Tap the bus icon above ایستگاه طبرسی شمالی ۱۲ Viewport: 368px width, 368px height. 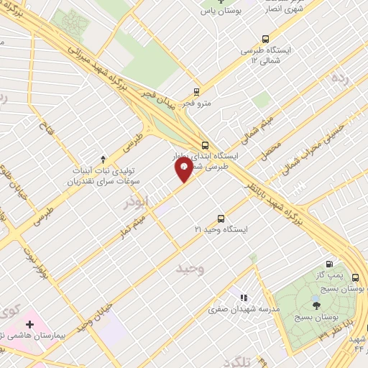pyautogui.click(x=266, y=40)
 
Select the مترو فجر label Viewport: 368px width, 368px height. pyautogui.click(x=195, y=103)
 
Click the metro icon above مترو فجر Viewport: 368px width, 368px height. pyautogui.click(x=195, y=91)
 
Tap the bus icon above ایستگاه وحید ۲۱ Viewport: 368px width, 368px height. pyautogui.click(x=221, y=218)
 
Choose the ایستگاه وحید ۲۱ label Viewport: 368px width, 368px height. pyautogui.click(x=221, y=229)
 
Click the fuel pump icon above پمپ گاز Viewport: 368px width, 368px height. pyautogui.click(x=330, y=264)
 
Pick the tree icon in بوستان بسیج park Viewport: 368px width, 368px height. pyautogui.click(x=317, y=305)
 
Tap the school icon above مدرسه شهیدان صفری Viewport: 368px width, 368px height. pyautogui.click(x=243, y=297)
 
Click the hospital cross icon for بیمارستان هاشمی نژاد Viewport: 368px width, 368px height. pyautogui.click(x=29, y=325)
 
